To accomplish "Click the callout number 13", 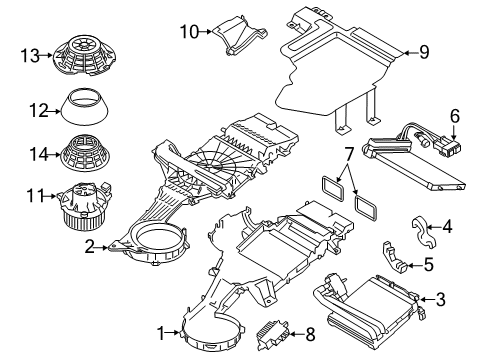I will pos(30,55).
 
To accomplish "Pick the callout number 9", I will pos(424,52).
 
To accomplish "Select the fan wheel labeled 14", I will pos(86,152).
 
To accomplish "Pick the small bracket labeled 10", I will pos(239,38).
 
